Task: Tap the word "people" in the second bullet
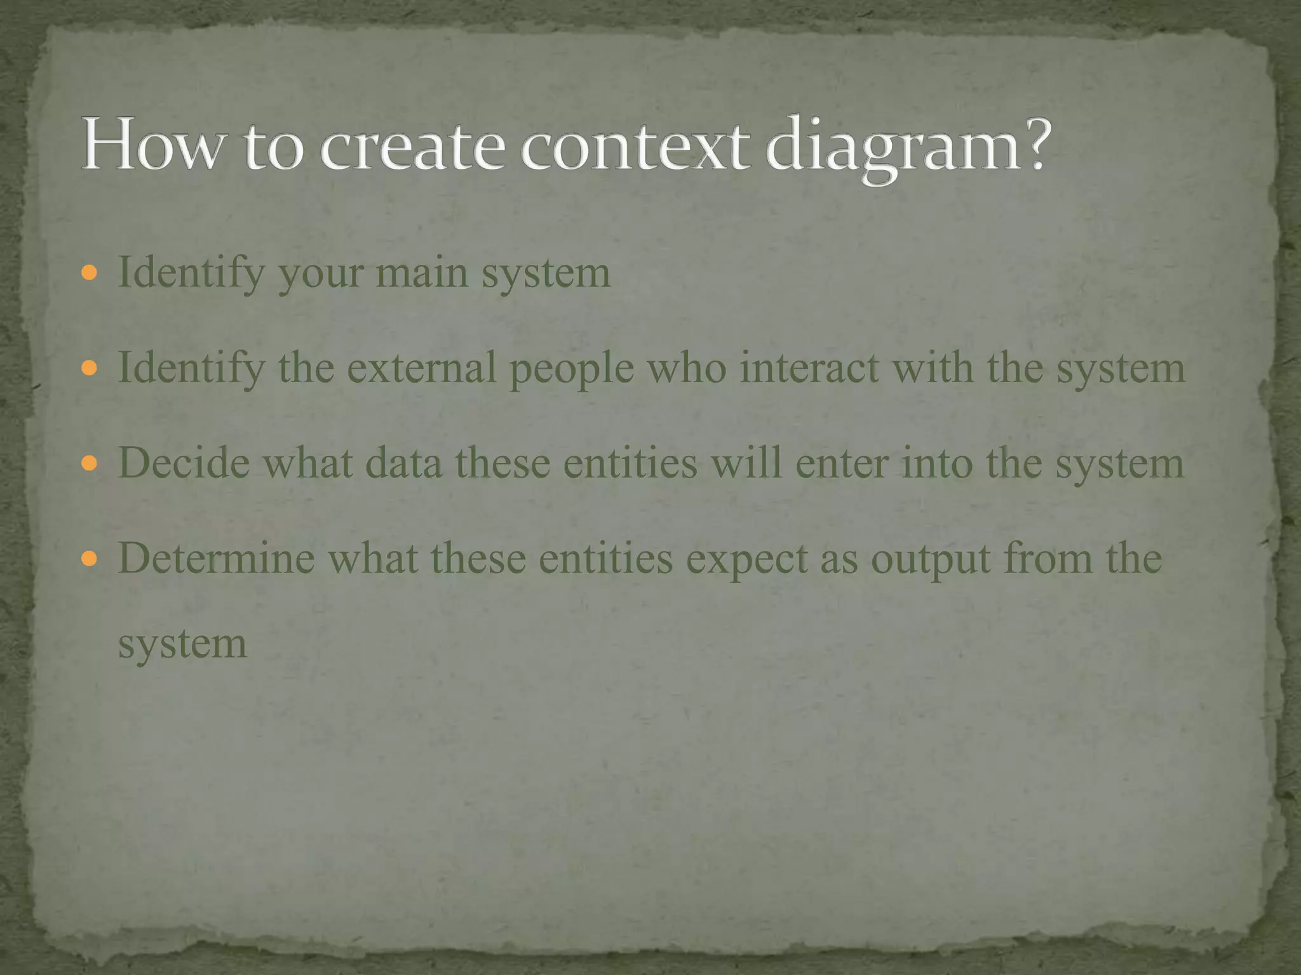(x=572, y=369)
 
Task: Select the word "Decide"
(x=184, y=463)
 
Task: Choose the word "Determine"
(x=216, y=558)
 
